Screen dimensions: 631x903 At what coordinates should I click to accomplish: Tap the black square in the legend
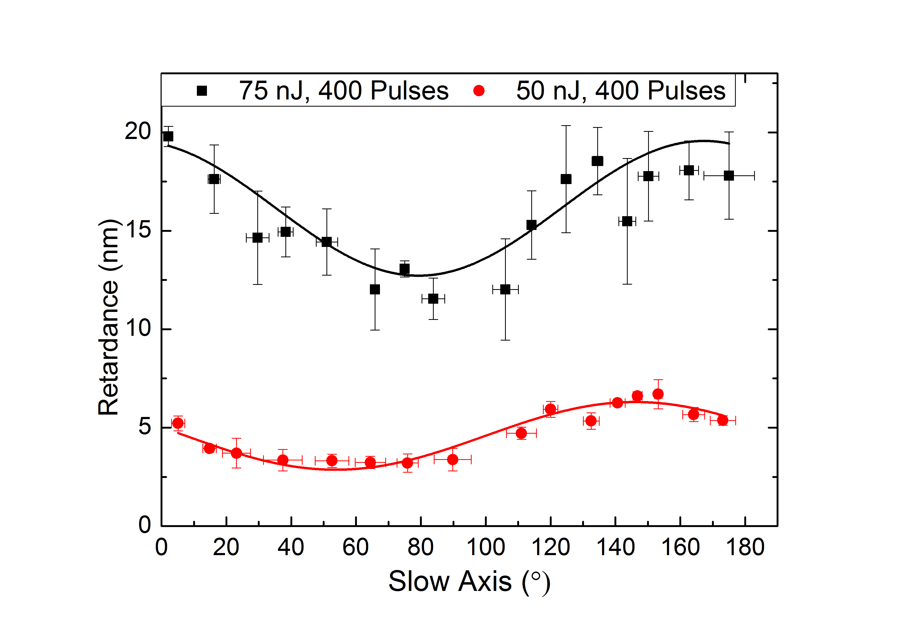pyautogui.click(x=202, y=91)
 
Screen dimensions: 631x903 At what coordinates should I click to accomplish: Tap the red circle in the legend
pyautogui.click(x=479, y=91)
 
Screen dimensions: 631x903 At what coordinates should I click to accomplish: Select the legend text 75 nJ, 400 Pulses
pyautogui.click(x=344, y=91)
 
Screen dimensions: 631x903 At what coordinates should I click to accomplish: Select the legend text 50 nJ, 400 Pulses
pyautogui.click(x=621, y=91)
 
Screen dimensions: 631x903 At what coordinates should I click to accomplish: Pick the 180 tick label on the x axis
pyautogui.click(x=745, y=547)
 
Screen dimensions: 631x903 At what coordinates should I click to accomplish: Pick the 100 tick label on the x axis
pyautogui.click(x=486, y=547)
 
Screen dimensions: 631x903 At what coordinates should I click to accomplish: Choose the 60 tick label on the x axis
pyautogui.click(x=356, y=547)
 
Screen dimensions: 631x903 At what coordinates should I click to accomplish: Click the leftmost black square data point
pyautogui.click(x=168, y=136)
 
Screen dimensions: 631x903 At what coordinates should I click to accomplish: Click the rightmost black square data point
pyautogui.click(x=729, y=176)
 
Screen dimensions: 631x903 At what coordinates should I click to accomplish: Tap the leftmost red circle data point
pyautogui.click(x=178, y=423)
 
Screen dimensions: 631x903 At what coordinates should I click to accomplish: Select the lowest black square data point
pyautogui.click(x=433, y=299)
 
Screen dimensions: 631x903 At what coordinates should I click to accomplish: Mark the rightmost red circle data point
pyautogui.click(x=723, y=420)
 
